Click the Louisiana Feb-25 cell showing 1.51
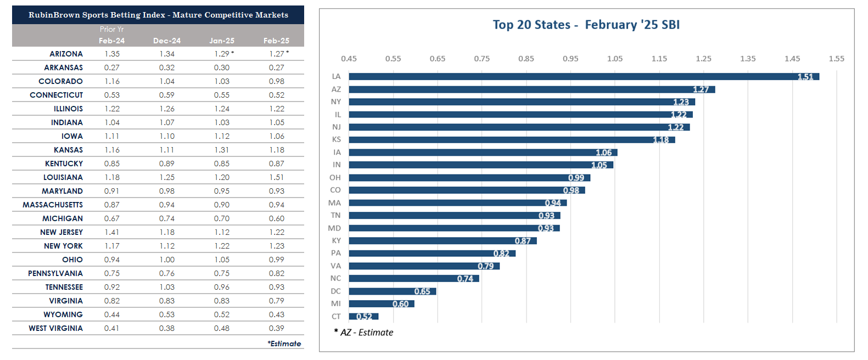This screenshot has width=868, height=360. [277, 177]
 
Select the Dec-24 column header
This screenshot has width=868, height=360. [167, 41]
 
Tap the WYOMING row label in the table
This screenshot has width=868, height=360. [63, 314]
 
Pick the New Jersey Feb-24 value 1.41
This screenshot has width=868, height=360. [112, 232]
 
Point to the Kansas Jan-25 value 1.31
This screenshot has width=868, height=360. [222, 150]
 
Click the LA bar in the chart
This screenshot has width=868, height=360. [584, 77]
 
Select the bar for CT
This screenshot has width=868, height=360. [363, 316]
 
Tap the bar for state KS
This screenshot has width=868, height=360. [512, 139]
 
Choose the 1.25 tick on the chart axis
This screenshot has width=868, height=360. [703, 59]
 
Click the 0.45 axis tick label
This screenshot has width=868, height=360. [349, 59]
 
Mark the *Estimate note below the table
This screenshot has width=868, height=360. [284, 344]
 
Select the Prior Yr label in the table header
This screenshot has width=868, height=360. [111, 29]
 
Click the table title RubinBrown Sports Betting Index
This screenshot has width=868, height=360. [158, 15]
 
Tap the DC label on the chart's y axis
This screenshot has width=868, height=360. [335, 291]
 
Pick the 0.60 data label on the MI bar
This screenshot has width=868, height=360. [400, 304]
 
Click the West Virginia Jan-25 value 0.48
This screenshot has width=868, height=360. [222, 328]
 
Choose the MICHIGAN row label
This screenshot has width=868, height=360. [63, 218]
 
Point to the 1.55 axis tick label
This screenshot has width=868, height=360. [836, 59]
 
